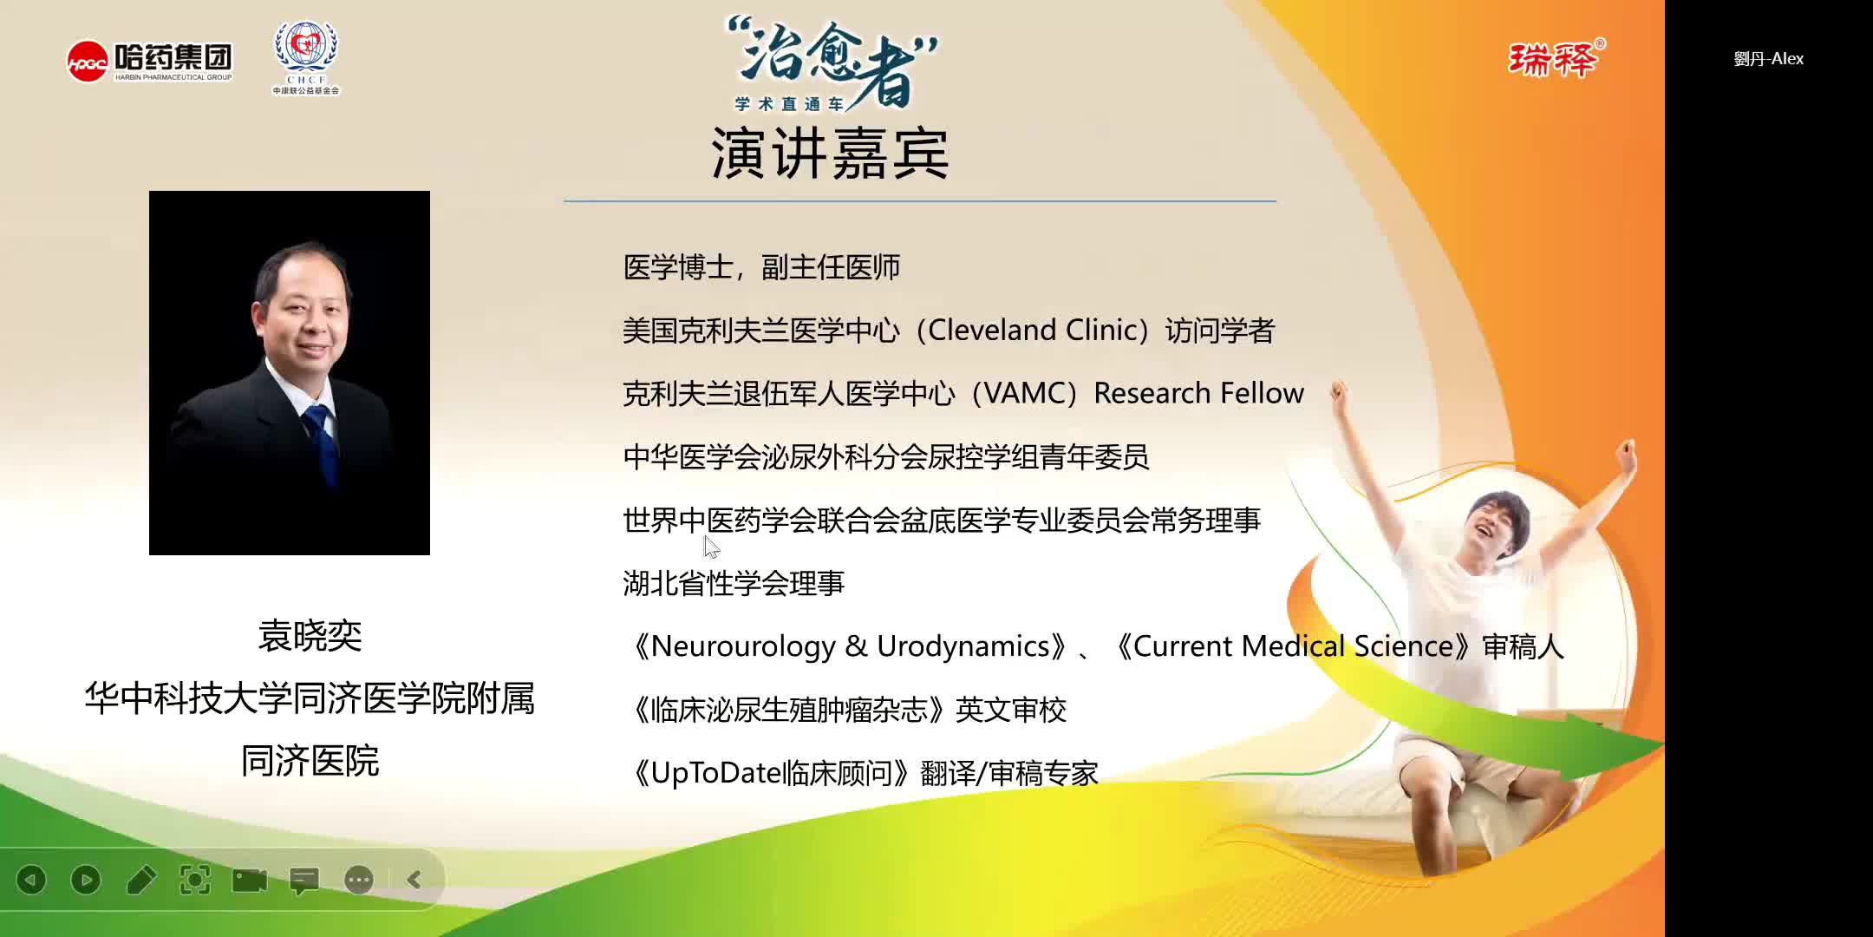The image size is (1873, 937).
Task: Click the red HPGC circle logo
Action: tap(88, 62)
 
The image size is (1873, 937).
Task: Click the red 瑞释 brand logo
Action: tap(1553, 60)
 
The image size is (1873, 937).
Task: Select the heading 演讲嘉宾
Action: tap(830, 154)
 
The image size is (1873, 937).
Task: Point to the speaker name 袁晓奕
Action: tap(310, 636)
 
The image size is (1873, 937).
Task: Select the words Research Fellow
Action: tap(1198, 394)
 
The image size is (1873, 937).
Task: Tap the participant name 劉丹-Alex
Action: tap(1768, 59)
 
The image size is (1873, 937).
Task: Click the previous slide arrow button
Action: tap(32, 880)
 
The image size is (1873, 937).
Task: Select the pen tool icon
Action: tap(140, 880)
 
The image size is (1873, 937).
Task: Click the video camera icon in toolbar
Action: tap(250, 880)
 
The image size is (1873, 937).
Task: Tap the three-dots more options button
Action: tap(358, 880)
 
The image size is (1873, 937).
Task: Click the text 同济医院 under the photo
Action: tap(310, 761)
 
